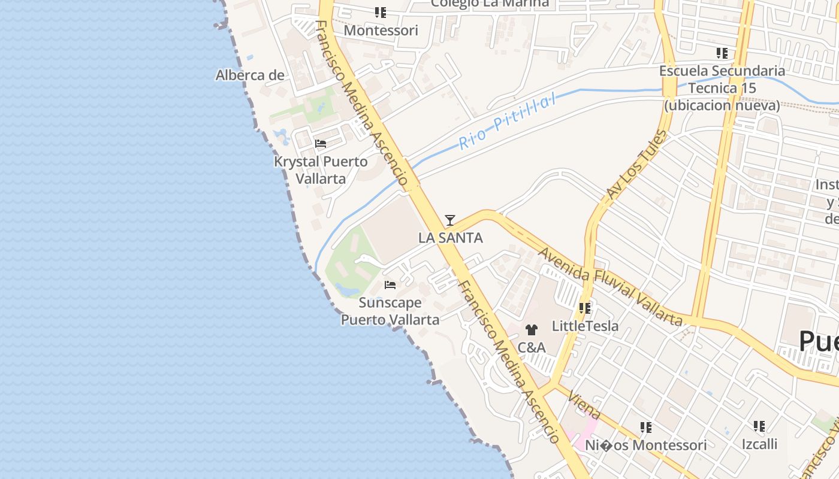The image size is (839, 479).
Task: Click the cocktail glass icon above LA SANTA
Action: click(450, 220)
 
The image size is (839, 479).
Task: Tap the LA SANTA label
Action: click(450, 238)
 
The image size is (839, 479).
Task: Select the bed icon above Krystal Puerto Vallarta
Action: click(321, 144)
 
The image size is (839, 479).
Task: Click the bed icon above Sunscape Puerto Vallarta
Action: click(390, 285)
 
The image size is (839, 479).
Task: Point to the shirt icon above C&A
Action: click(531, 329)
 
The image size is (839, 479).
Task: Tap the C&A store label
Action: click(532, 347)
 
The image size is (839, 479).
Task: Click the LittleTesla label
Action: click(585, 326)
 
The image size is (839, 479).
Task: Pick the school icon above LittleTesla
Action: click(585, 308)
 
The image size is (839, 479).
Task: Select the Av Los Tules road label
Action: click(636, 164)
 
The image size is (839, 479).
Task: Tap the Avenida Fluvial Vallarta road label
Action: click(610, 287)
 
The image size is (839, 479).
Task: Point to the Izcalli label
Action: click(759, 444)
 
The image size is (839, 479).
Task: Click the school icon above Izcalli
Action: click(759, 426)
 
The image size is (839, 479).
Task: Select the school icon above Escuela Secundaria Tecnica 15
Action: click(722, 53)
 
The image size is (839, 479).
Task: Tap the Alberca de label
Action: click(250, 75)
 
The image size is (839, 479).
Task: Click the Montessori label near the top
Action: click(381, 30)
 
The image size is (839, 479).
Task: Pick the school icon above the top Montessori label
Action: click(381, 12)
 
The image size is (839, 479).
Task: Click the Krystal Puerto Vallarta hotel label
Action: click(321, 170)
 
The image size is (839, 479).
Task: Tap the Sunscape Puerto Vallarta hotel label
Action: click(390, 311)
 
